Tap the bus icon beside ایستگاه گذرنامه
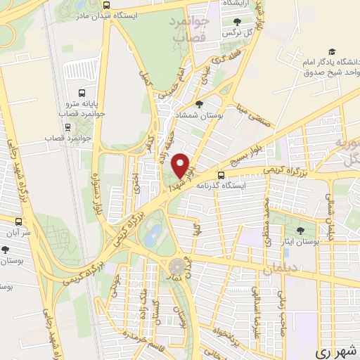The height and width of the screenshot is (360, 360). point(221,175)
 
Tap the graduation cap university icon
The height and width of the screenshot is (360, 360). point(330,51)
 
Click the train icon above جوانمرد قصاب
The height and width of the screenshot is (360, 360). point(67,128)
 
